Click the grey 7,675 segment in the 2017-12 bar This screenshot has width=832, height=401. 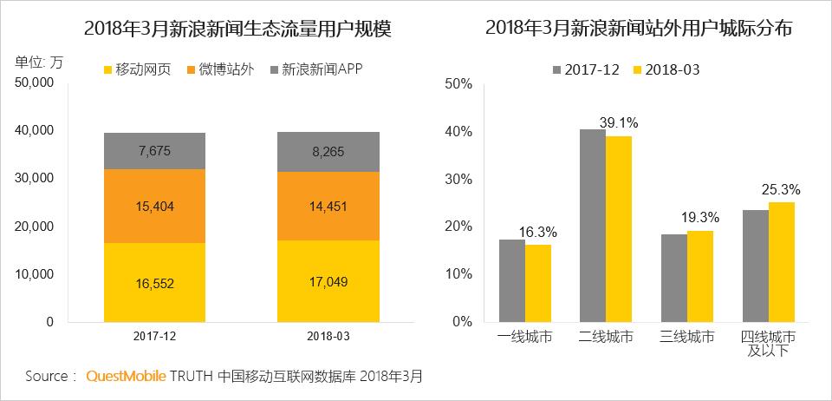[x=154, y=150]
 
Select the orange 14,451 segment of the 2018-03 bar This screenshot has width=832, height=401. [x=328, y=206]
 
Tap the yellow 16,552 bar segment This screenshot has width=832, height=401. [x=154, y=282]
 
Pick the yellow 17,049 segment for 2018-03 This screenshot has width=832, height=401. [x=328, y=280]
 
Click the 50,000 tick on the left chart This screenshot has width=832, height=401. [x=36, y=82]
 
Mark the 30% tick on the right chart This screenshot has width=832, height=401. [x=457, y=179]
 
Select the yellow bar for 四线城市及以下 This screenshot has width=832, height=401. [x=782, y=261]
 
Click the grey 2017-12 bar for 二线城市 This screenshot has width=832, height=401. [x=593, y=225]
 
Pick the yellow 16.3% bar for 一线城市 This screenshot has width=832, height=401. [x=538, y=282]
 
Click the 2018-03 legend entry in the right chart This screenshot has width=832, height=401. [x=665, y=69]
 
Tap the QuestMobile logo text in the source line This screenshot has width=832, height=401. [x=126, y=377]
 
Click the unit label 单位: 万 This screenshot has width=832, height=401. [x=39, y=61]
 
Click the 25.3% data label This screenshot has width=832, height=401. [x=781, y=189]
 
